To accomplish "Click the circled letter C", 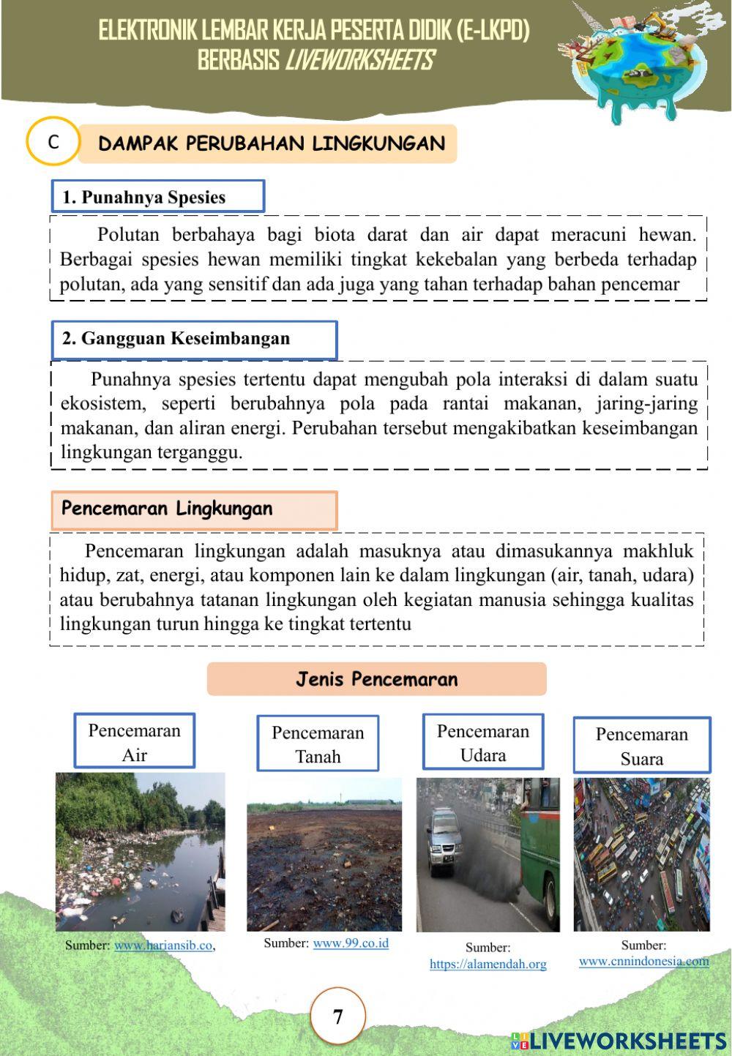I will [x=53, y=142].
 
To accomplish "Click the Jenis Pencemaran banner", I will [x=376, y=679].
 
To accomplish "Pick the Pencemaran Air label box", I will [x=134, y=741].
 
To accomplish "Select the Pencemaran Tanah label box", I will [x=317, y=744].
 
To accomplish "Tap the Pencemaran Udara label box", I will [x=482, y=742].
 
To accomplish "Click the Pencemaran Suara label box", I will [x=641, y=746].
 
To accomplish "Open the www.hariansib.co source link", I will [x=163, y=945].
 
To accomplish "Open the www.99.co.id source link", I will [x=351, y=943].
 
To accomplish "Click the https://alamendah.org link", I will [x=488, y=965].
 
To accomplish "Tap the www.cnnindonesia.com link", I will [x=643, y=961].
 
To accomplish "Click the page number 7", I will [x=337, y=1016].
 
